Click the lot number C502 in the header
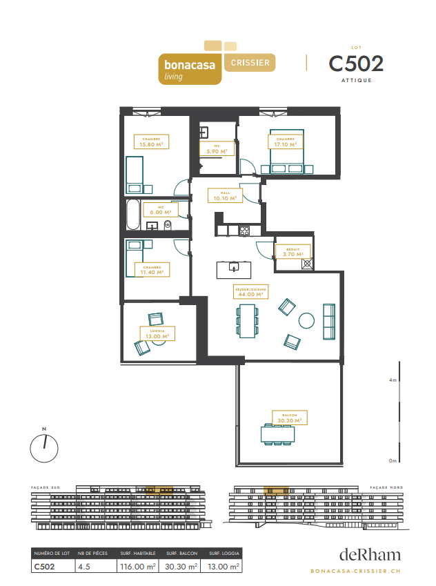click(356, 64)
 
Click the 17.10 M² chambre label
click(284, 142)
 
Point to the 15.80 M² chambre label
click(151, 142)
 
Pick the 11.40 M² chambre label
click(152, 270)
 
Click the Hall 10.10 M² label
click(225, 196)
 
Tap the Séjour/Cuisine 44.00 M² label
click(252, 291)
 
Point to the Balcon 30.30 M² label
click(288, 417)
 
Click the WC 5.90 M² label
click(217, 148)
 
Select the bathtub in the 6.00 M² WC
click(132, 215)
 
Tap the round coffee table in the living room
click(306, 320)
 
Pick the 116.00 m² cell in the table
click(139, 567)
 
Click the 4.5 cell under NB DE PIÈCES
click(86, 567)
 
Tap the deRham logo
click(369, 554)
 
